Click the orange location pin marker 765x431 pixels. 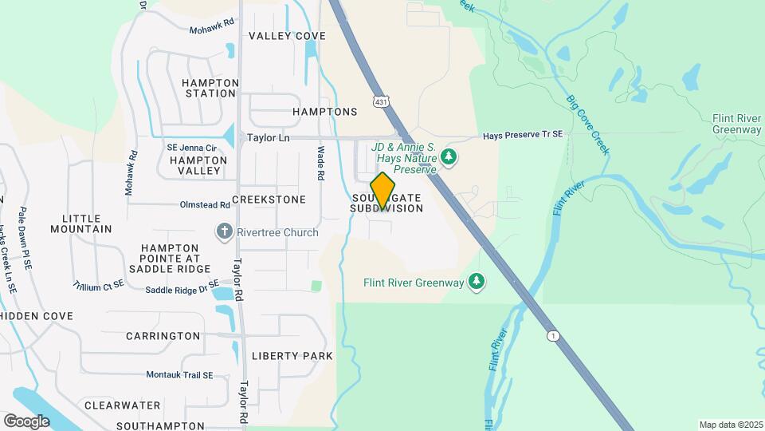tap(383, 190)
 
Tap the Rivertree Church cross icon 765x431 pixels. tap(224, 232)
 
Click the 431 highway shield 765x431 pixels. tap(382, 101)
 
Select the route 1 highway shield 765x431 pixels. tap(552, 335)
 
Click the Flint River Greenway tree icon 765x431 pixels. tap(477, 281)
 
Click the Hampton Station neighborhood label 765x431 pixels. tap(210, 88)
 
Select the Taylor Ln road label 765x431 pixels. tap(268, 137)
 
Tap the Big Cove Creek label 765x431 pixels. tap(587, 125)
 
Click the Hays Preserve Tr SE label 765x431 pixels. tap(523, 136)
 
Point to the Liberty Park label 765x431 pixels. tap(292, 355)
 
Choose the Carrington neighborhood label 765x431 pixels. tap(163, 336)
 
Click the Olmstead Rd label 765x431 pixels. tap(205, 204)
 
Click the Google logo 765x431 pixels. tap(26, 421)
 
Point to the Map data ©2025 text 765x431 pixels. tap(729, 425)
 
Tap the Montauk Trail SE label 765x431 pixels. tap(179, 374)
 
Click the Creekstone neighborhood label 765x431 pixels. tap(269, 199)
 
